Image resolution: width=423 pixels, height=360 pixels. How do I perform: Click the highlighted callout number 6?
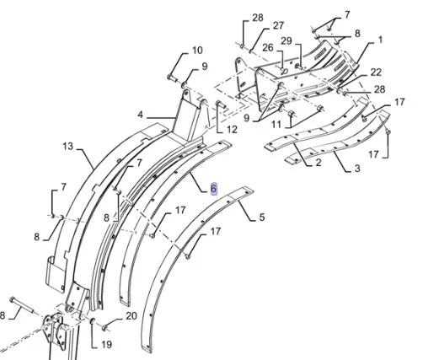(213, 189)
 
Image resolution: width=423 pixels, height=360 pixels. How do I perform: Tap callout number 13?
(67, 147)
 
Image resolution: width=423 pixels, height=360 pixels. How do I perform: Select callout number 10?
(197, 51)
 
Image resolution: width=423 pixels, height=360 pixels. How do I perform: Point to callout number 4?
(140, 115)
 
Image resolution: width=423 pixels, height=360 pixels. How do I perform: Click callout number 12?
(232, 130)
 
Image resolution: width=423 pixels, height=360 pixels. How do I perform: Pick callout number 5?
(262, 218)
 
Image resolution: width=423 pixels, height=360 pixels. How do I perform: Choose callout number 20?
(131, 316)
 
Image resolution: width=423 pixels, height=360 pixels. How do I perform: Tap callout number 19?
(106, 345)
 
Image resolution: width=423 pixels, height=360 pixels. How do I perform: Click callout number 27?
(278, 26)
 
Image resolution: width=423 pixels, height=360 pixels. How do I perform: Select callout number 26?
(268, 47)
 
